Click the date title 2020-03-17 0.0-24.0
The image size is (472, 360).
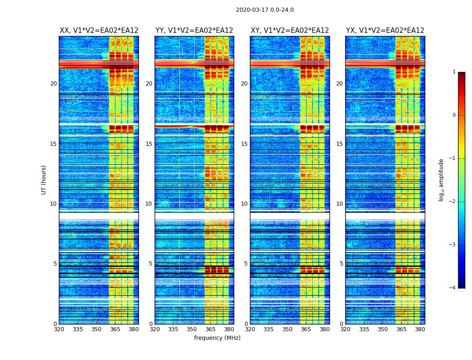point(265,10)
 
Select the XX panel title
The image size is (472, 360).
point(99,31)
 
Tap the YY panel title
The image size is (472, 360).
point(194,31)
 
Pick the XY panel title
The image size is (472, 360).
point(290,31)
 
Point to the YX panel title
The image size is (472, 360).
point(385,31)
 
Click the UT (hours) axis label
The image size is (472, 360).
point(44,180)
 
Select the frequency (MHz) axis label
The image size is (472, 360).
point(217,338)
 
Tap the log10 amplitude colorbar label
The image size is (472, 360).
point(441,180)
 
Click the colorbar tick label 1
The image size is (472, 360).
point(454,72)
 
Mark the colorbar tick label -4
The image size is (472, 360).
point(453,288)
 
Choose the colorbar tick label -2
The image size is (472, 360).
point(453,202)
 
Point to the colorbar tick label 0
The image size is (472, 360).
point(454,115)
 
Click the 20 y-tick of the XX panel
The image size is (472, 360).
point(53,84)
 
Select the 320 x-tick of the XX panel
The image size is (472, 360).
point(59,329)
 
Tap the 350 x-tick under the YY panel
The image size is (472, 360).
point(192,329)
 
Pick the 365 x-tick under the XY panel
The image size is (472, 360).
point(306,329)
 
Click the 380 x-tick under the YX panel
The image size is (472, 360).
point(420,329)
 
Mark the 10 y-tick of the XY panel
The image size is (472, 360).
point(244,204)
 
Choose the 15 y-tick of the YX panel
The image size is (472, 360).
point(339,144)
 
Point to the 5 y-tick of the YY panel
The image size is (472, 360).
point(150,264)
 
